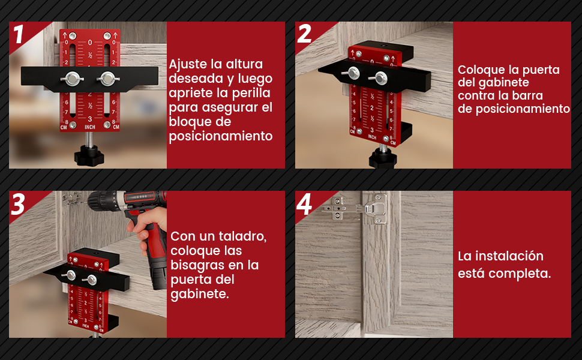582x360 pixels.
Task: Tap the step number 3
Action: click(19, 205)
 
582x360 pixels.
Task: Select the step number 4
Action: click(305, 205)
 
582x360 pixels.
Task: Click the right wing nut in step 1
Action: click(107, 78)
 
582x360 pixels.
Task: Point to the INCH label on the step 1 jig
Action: click(90, 127)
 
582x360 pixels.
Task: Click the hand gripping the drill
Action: click(148, 231)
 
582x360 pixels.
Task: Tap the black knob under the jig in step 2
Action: click(382, 157)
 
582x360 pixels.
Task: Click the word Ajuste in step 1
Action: click(186, 64)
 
